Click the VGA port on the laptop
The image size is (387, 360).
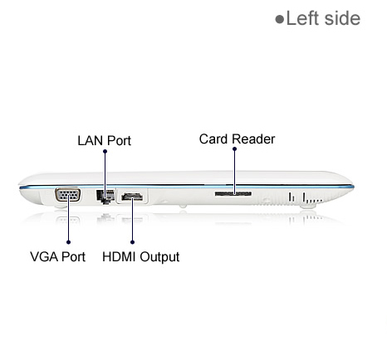(x=68, y=195)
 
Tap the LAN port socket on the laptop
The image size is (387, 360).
(x=105, y=197)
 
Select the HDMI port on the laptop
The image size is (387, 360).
(x=132, y=197)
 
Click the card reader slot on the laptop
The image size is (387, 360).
(x=233, y=193)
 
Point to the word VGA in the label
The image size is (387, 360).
(x=44, y=256)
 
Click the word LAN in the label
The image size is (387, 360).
(x=90, y=140)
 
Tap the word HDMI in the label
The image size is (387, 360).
(x=120, y=256)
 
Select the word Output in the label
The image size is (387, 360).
(x=159, y=257)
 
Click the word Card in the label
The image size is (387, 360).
(x=213, y=139)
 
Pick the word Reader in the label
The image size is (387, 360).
(x=253, y=139)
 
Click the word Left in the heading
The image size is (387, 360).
(x=302, y=18)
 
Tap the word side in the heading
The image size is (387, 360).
(x=342, y=18)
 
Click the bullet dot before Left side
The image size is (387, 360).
(x=280, y=19)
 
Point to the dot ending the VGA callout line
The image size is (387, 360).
(x=68, y=242)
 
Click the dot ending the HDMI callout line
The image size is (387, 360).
(x=132, y=242)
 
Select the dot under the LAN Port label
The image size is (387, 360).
(x=105, y=151)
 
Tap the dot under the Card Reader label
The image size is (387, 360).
(x=234, y=148)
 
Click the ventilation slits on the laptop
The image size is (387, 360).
(x=306, y=197)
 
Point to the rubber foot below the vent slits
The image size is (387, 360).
(x=307, y=206)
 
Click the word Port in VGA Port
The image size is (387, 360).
(x=73, y=256)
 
